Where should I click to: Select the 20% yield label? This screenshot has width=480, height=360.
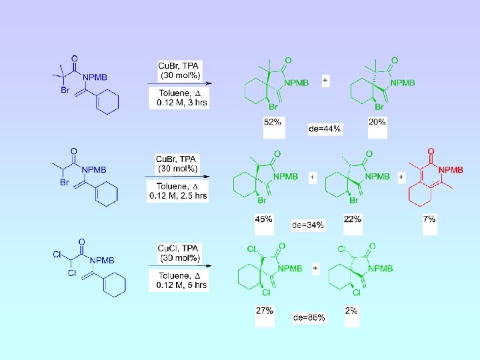(377, 122)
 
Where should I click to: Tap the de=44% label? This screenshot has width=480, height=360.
(325, 129)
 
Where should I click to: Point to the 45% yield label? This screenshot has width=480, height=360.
(264, 219)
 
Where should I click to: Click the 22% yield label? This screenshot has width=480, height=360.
(353, 219)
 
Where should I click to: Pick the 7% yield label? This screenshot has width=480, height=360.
(429, 219)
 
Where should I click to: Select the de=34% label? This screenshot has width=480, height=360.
(308, 225)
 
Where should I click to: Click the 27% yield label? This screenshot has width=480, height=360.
(264, 311)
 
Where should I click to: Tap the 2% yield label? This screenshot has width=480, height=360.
(351, 311)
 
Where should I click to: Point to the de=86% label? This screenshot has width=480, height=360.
(309, 317)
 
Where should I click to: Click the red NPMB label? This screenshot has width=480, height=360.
(451, 170)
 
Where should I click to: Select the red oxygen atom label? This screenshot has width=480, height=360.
(431, 151)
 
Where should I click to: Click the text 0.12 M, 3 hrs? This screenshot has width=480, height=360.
(180, 103)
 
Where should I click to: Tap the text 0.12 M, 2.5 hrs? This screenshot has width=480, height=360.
(178, 195)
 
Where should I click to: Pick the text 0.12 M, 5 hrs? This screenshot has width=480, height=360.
(181, 285)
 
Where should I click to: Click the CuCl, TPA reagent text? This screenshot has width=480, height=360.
(179, 248)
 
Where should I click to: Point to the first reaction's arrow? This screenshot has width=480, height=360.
(180, 84)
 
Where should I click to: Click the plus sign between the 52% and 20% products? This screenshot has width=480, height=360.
(325, 80)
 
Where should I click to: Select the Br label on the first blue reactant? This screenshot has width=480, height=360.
(65, 90)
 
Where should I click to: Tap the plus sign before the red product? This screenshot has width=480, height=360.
(401, 177)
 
